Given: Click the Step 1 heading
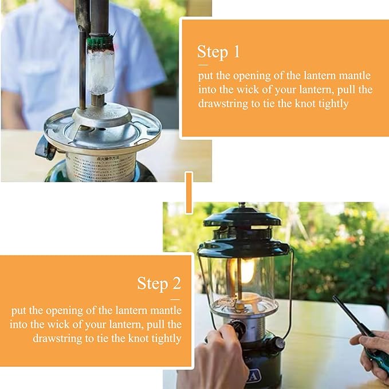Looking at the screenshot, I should click(218, 52).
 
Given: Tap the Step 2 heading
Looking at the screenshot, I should click(159, 283).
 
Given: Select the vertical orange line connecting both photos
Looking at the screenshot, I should click(188, 192).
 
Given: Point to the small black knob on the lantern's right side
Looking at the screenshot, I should click(278, 344).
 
